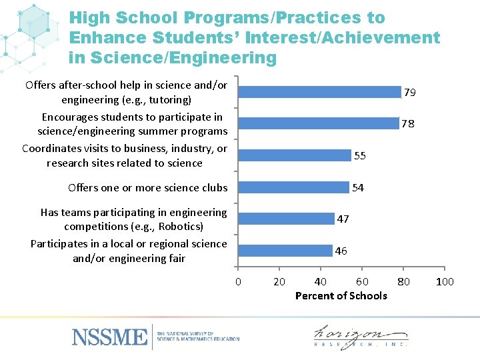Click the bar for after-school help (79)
point(320,92)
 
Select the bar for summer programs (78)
point(319,123)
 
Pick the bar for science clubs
point(294,187)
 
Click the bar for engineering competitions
point(287,219)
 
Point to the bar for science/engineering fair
point(286,251)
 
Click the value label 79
point(410,93)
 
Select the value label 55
point(360,156)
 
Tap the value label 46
point(341,251)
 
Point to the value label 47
point(343,219)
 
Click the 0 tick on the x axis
point(238,282)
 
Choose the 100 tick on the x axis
point(445,282)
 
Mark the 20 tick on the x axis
point(279,282)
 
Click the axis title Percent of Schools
point(341,295)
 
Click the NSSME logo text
point(110,337)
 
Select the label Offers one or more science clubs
point(147,188)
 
